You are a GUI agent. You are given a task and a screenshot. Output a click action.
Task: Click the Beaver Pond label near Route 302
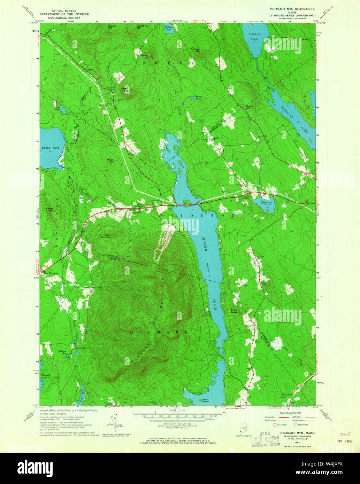pos(264,203)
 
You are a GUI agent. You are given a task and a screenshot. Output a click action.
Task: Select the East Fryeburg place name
pos(50,272)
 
